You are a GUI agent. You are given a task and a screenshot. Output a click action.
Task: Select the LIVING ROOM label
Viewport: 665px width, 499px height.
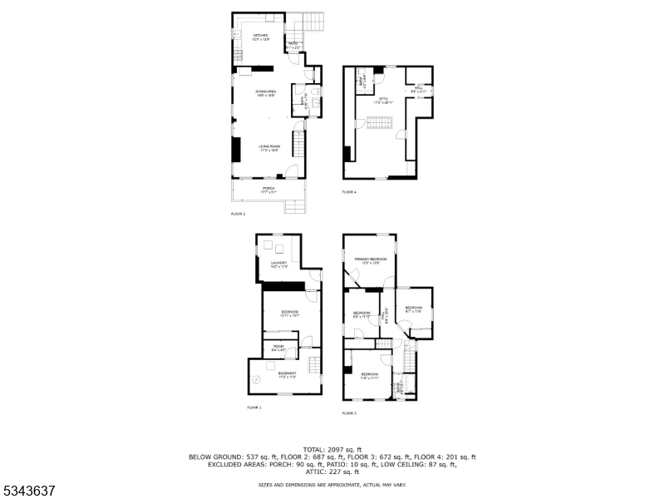[268, 147]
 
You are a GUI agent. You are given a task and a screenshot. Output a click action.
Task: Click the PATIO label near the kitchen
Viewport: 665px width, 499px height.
[294, 43]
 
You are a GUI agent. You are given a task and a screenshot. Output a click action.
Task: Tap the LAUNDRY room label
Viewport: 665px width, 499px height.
[278, 264]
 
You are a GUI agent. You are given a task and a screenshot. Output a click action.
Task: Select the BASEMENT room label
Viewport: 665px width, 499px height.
[287, 374]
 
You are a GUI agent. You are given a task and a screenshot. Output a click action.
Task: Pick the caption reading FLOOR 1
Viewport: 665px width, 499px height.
[254, 408]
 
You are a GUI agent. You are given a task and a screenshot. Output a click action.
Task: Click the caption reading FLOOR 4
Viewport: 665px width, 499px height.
[349, 192]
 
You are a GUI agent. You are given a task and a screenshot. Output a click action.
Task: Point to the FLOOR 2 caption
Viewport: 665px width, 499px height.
[238, 215]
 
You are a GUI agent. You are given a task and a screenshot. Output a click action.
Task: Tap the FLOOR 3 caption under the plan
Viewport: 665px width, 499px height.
[349, 413]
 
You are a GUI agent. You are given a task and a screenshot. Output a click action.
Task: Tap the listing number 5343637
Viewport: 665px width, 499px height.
[30, 491]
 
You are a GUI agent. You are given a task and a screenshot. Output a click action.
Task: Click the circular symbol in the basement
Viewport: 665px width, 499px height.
[258, 380]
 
